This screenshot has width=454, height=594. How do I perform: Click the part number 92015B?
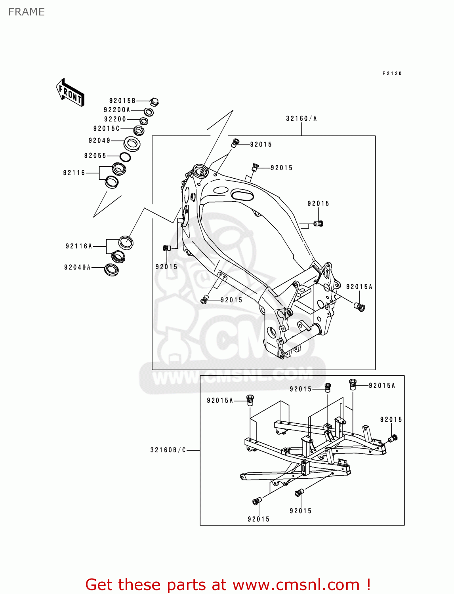122,101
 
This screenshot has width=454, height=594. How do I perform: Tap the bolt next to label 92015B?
155,102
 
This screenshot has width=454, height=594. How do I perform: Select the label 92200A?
117,110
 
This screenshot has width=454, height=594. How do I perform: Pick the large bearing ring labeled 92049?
132,143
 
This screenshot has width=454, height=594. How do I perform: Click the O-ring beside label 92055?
125,157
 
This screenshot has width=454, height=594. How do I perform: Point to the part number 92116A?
79,246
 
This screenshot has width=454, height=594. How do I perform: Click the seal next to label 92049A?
112,270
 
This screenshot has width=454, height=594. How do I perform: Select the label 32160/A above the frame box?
301,118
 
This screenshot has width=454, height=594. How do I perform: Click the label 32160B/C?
168,450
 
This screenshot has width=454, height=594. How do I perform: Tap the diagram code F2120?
392,74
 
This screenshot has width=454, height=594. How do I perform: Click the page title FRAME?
27,12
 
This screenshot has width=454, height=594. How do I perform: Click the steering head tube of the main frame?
200,171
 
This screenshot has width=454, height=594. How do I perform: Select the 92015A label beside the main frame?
359,287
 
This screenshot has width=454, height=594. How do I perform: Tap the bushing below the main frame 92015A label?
360,307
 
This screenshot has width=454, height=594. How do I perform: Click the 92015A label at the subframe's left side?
220,401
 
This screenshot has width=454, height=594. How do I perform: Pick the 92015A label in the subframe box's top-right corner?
382,386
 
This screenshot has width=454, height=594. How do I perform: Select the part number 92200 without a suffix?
115,119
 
